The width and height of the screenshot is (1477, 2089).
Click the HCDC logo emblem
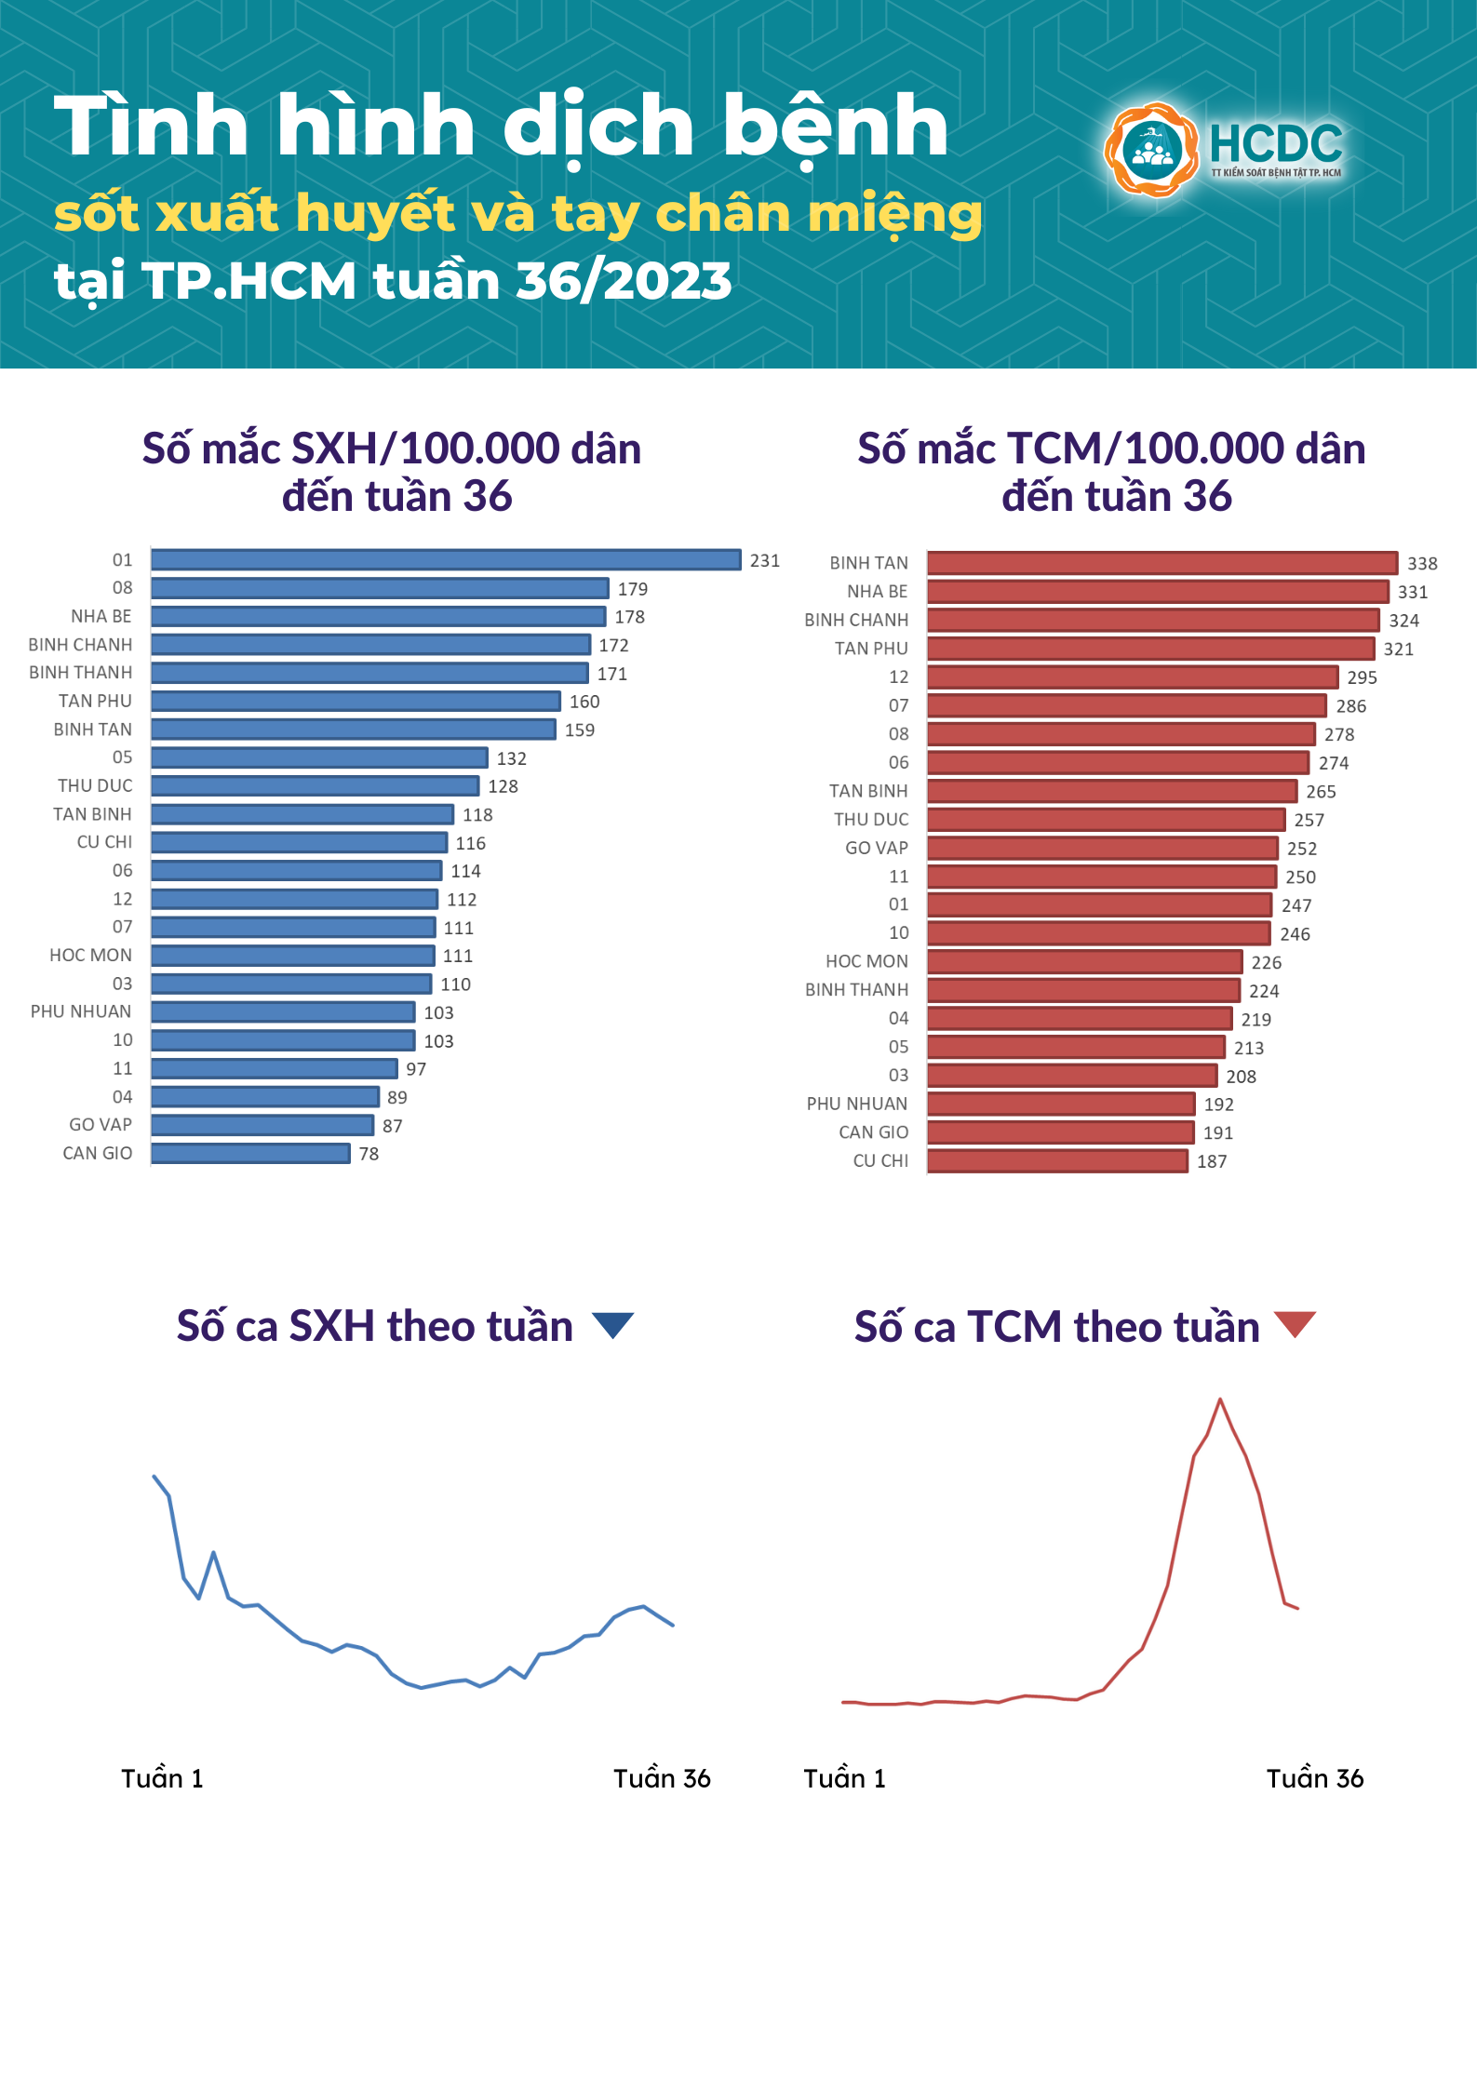pyautogui.click(x=1152, y=150)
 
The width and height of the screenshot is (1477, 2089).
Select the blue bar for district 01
pyautogui.click(x=446, y=560)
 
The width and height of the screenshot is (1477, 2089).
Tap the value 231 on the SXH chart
pyautogui.click(x=765, y=561)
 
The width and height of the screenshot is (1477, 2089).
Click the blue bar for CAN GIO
pyautogui.click(x=250, y=1154)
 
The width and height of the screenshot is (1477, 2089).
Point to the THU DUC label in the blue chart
pyautogui.click(x=95, y=786)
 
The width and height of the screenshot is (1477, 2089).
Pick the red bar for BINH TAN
pyautogui.click(x=1161, y=563)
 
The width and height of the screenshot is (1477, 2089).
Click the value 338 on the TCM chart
pyautogui.click(x=1422, y=564)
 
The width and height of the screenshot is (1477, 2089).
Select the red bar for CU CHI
pyautogui.click(x=1057, y=1161)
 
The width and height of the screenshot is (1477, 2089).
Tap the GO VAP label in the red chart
pyautogui.click(x=876, y=849)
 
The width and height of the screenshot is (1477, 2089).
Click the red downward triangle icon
pyautogui.click(x=1295, y=1324)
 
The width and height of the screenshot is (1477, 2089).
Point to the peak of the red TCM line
pyautogui.click(x=1220, y=1399)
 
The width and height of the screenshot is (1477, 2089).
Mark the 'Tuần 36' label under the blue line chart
pyautogui.click(x=662, y=1778)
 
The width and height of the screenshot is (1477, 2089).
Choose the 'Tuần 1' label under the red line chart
pyautogui.click(x=844, y=1778)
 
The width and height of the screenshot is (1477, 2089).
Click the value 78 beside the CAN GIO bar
pyautogui.click(x=369, y=1155)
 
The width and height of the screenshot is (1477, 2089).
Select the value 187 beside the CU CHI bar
pyautogui.click(x=1212, y=1162)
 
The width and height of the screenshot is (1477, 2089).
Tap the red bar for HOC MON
pyautogui.click(x=1084, y=962)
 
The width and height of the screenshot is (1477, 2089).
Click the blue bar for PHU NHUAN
pyautogui.click(x=283, y=1012)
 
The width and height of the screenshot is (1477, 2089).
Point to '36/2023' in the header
pyautogui.click(x=624, y=281)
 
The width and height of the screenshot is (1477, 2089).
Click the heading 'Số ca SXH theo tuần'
pyautogui.click(x=374, y=1326)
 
